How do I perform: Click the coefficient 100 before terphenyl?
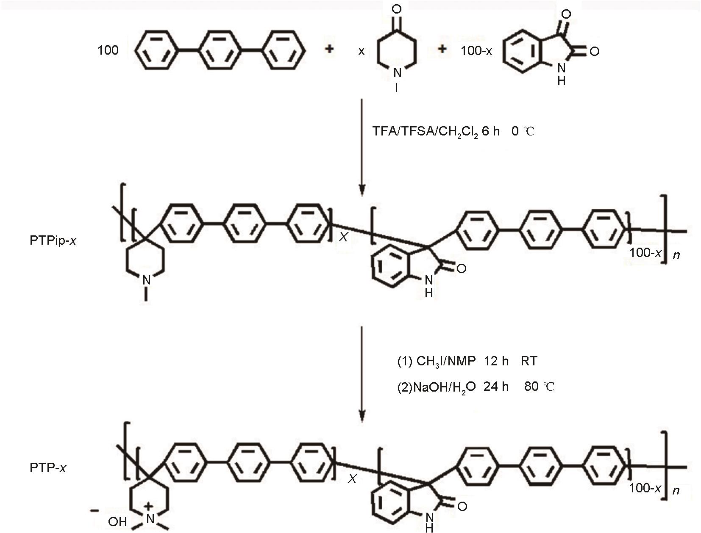coord(108,50)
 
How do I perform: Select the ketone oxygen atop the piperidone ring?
coord(396,9)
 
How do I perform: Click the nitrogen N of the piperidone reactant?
coord(397,73)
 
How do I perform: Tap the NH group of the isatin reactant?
coord(561,74)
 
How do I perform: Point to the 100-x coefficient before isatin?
coord(476,50)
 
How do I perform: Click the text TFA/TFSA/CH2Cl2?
coord(425,132)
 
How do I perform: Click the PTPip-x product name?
coord(53,240)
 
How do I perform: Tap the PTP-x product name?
coord(48,468)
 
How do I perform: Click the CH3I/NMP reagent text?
coord(446,362)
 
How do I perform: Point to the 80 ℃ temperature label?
coord(539,387)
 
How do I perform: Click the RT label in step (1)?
coord(529,361)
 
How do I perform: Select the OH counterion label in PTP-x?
coord(117,522)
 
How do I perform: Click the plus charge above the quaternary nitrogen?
coord(148,506)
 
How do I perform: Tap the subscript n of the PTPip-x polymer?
coord(676,255)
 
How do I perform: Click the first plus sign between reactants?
coord(329,49)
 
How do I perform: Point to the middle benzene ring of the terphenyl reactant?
coord(219,50)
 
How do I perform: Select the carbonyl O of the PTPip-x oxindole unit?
coord(461,268)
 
